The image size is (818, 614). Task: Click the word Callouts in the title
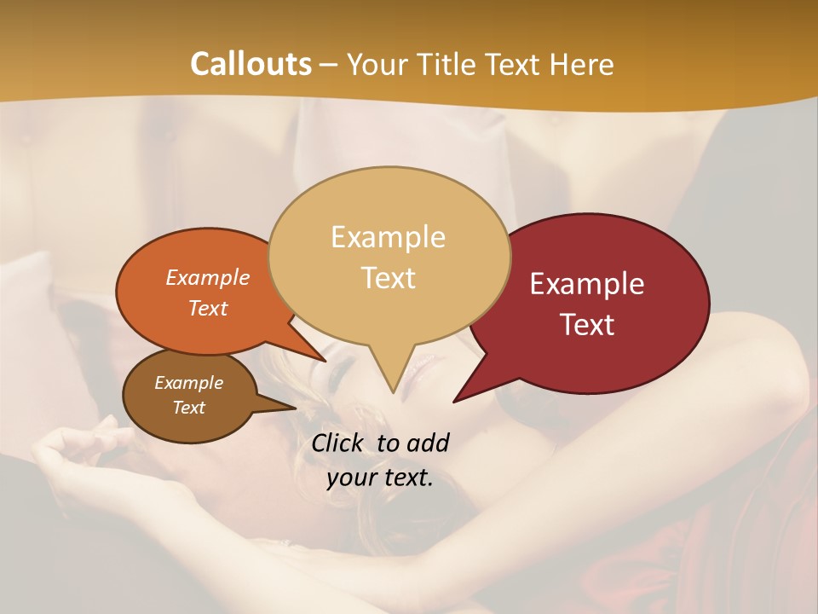click(251, 64)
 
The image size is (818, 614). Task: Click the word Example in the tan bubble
click(388, 237)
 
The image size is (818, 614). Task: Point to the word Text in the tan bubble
click(388, 278)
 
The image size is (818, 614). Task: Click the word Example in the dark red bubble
click(587, 284)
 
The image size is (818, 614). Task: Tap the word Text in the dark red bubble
click(587, 325)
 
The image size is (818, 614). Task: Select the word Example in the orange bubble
click(208, 277)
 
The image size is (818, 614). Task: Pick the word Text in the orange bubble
click(208, 308)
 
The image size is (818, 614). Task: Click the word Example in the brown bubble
click(189, 383)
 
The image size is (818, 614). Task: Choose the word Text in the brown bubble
click(189, 408)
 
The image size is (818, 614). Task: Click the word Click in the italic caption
click(339, 443)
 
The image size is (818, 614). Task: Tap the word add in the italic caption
click(428, 443)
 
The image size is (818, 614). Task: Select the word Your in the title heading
click(377, 64)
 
